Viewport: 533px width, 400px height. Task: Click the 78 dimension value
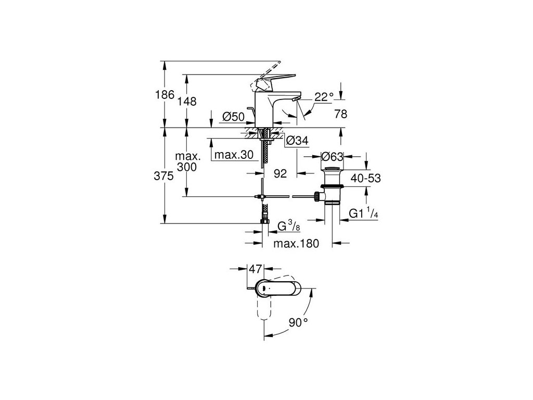[340, 115]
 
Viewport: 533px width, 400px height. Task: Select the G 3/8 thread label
[287, 227]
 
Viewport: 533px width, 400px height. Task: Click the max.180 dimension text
[297, 243]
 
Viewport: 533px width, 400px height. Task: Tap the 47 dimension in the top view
[255, 269]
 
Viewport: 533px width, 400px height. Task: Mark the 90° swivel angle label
[298, 322]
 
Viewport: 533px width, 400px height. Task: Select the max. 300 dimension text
[186, 161]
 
